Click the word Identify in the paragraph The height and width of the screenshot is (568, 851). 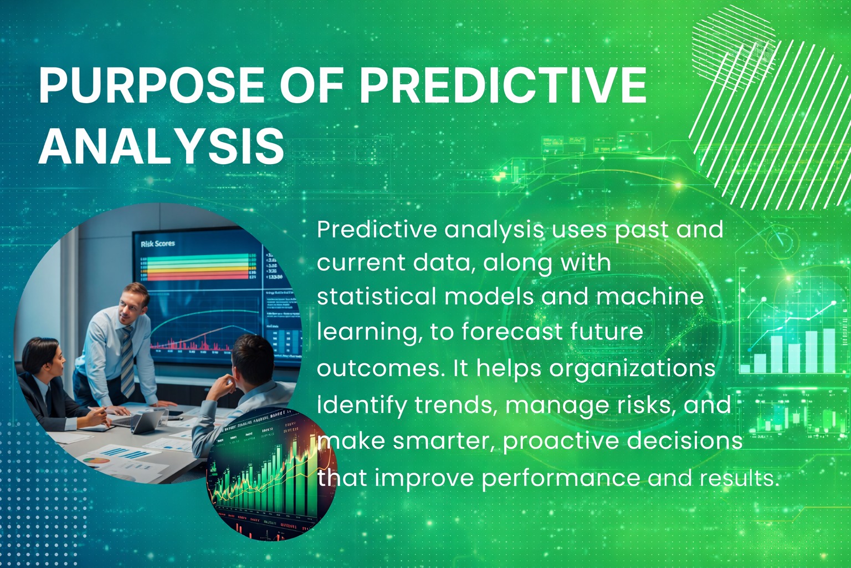(x=361, y=405)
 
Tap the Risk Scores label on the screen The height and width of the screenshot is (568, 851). (x=158, y=244)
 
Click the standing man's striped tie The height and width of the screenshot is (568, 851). (x=127, y=361)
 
